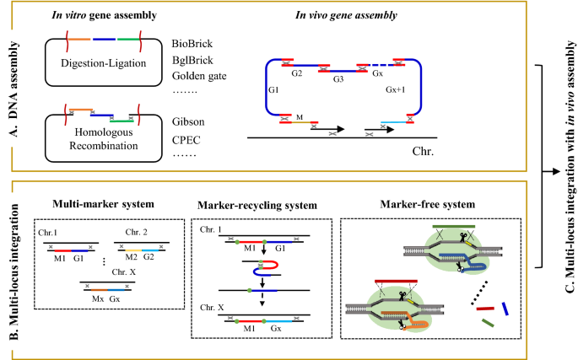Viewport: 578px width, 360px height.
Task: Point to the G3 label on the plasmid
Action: coord(337,81)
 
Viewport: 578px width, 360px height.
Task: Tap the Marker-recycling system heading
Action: coord(251,204)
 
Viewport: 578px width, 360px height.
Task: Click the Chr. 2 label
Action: coord(142,230)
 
